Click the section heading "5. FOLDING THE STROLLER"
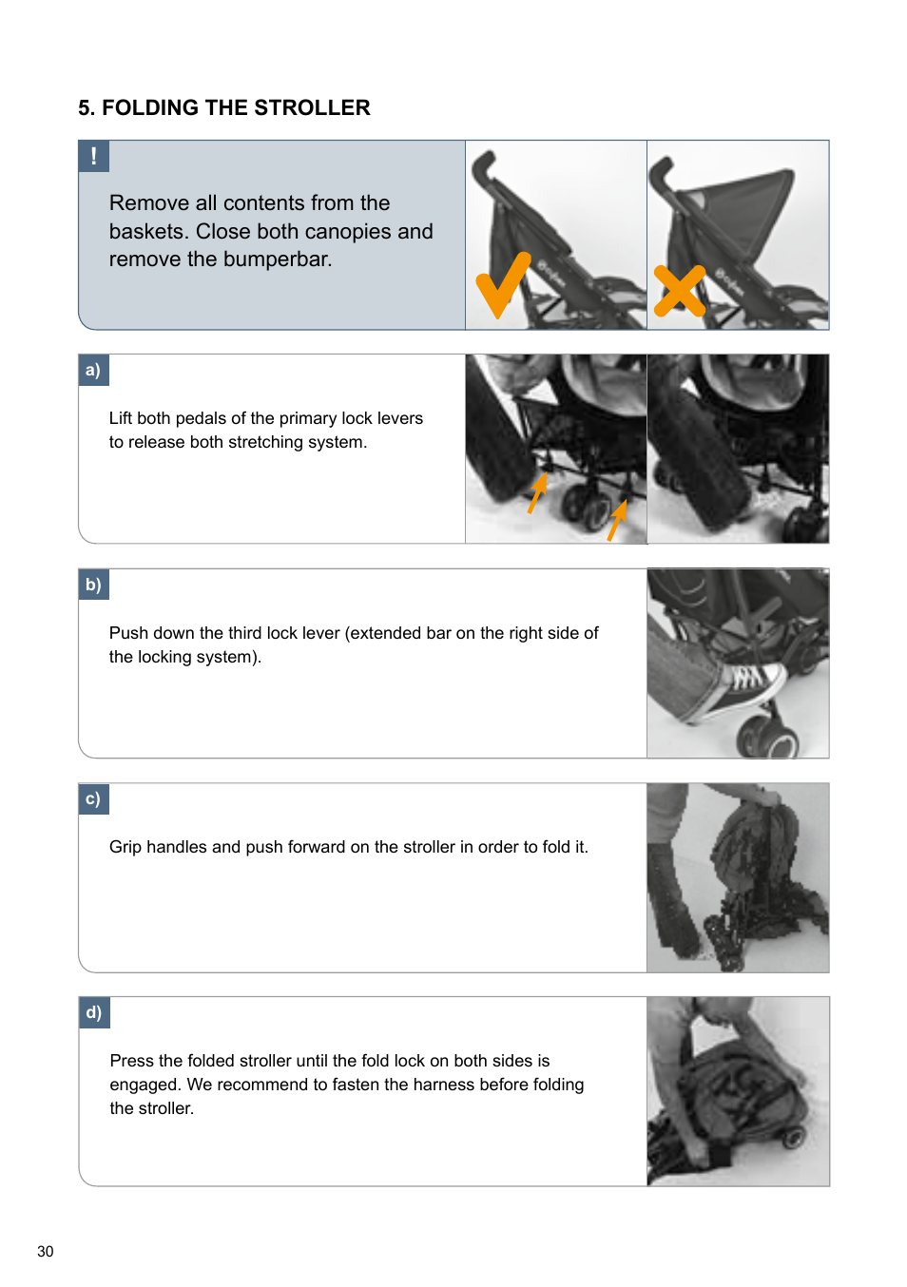[223, 108]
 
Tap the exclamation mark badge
[93, 156]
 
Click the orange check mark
[501, 284]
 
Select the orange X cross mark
[680, 291]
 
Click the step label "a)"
[93, 370]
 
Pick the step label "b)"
[93, 585]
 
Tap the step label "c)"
[93, 798]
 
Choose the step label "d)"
[93, 1012]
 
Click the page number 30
[46, 1251]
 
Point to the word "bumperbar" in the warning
[276, 259]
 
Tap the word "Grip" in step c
[125, 847]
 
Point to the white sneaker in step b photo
[752, 686]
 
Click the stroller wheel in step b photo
[767, 738]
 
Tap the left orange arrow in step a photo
[538, 492]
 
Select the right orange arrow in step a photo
[617, 519]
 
